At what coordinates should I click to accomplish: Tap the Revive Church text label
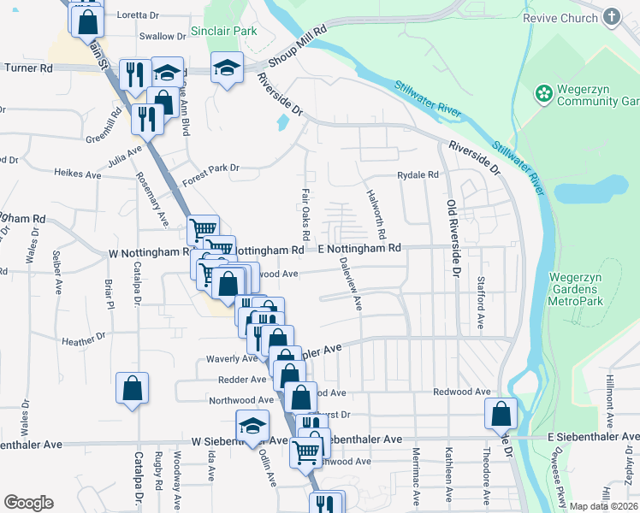pyautogui.click(x=567, y=18)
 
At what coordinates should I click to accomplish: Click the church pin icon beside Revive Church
pyautogui.click(x=612, y=16)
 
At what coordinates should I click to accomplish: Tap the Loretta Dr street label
pyautogui.click(x=163, y=15)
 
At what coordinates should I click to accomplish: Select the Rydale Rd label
pyautogui.click(x=418, y=175)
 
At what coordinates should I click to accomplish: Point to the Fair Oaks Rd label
pyautogui.click(x=305, y=214)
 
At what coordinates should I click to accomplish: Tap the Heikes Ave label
pyautogui.click(x=77, y=174)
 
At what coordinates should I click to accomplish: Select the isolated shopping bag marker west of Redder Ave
pyautogui.click(x=133, y=388)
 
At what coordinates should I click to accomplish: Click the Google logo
pyautogui.click(x=28, y=503)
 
